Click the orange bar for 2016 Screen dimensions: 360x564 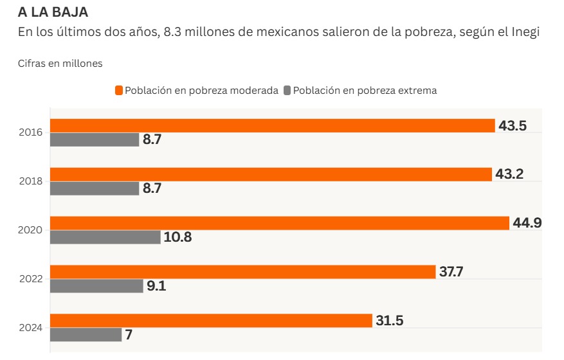pos(273,125)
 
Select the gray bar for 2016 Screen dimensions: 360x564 pos(95,139)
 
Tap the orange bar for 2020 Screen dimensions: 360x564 pos(280,223)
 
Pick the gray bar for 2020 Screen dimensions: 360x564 pos(105,237)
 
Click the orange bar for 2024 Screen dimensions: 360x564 pos(211,320)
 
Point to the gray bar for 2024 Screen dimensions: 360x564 pos(86,334)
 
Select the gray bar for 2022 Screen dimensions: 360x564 pos(96,286)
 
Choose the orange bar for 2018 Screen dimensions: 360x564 pos(270,174)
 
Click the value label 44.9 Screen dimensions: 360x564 pos(527,223)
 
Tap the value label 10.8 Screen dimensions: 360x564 pos(177,237)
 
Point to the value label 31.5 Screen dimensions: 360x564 pos(390,320)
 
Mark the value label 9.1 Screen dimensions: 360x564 pos(156,286)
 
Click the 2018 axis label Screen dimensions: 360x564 pos(32,181)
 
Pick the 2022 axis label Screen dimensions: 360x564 pos(32,279)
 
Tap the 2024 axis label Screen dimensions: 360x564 pos(32,328)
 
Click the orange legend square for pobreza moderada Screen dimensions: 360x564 pos(119,91)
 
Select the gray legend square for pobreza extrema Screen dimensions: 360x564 pos(287,91)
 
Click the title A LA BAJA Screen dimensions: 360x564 pos(53,12)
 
